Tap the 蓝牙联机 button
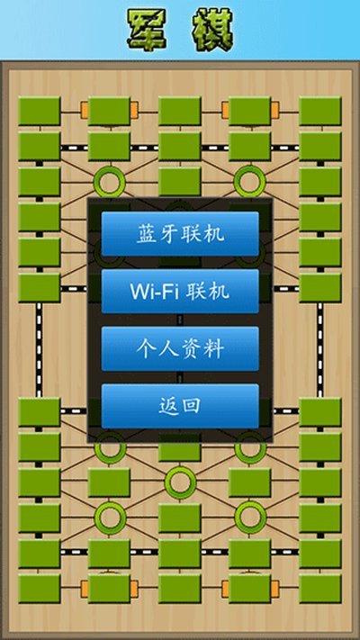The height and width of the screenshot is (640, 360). pyautogui.click(x=180, y=234)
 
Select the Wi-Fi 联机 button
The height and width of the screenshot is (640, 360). pyautogui.click(x=180, y=291)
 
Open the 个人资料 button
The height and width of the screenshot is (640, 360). pyautogui.click(x=180, y=348)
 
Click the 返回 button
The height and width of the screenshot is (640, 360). pyautogui.click(x=180, y=406)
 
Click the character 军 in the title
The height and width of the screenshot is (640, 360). pyautogui.click(x=147, y=30)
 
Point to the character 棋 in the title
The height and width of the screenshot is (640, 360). pyautogui.click(x=212, y=30)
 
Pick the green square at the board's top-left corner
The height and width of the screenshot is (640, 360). pyautogui.click(x=40, y=111)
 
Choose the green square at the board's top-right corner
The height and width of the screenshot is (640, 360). pyautogui.click(x=320, y=111)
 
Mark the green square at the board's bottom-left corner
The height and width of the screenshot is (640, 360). pyautogui.click(x=40, y=589)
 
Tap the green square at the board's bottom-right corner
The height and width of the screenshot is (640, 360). pyautogui.click(x=320, y=589)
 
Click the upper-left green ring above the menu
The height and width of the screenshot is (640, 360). pyautogui.click(x=110, y=181)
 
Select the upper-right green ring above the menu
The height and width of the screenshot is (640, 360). pyautogui.click(x=250, y=181)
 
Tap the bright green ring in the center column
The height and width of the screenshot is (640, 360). pyautogui.click(x=180, y=482)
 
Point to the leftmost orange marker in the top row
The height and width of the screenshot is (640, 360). pyautogui.click(x=85, y=110)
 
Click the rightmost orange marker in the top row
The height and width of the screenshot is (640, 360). pyautogui.click(x=275, y=110)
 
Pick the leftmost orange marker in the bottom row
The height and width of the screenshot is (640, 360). pyautogui.click(x=85, y=589)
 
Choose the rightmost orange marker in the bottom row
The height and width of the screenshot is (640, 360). pyautogui.click(x=275, y=589)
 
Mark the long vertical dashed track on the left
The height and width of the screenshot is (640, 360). pyautogui.click(x=40, y=350)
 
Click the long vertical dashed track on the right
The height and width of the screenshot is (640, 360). pyautogui.click(x=320, y=350)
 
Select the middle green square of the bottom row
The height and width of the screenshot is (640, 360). pyautogui.click(x=180, y=589)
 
